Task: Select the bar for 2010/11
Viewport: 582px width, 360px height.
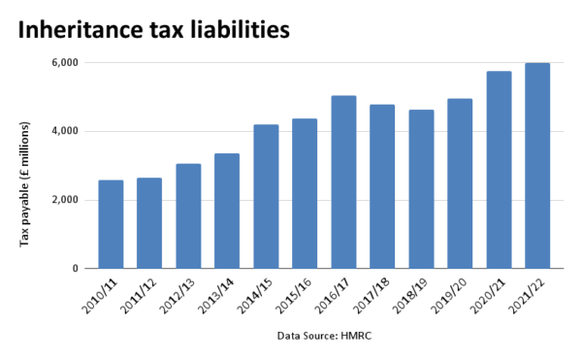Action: click(x=111, y=224)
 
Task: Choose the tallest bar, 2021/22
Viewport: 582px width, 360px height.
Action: click(x=537, y=166)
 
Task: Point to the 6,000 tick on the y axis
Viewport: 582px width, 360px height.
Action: click(x=65, y=63)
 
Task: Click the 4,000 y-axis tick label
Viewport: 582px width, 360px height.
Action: click(x=65, y=132)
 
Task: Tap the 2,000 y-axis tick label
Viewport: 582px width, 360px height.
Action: click(x=65, y=201)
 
